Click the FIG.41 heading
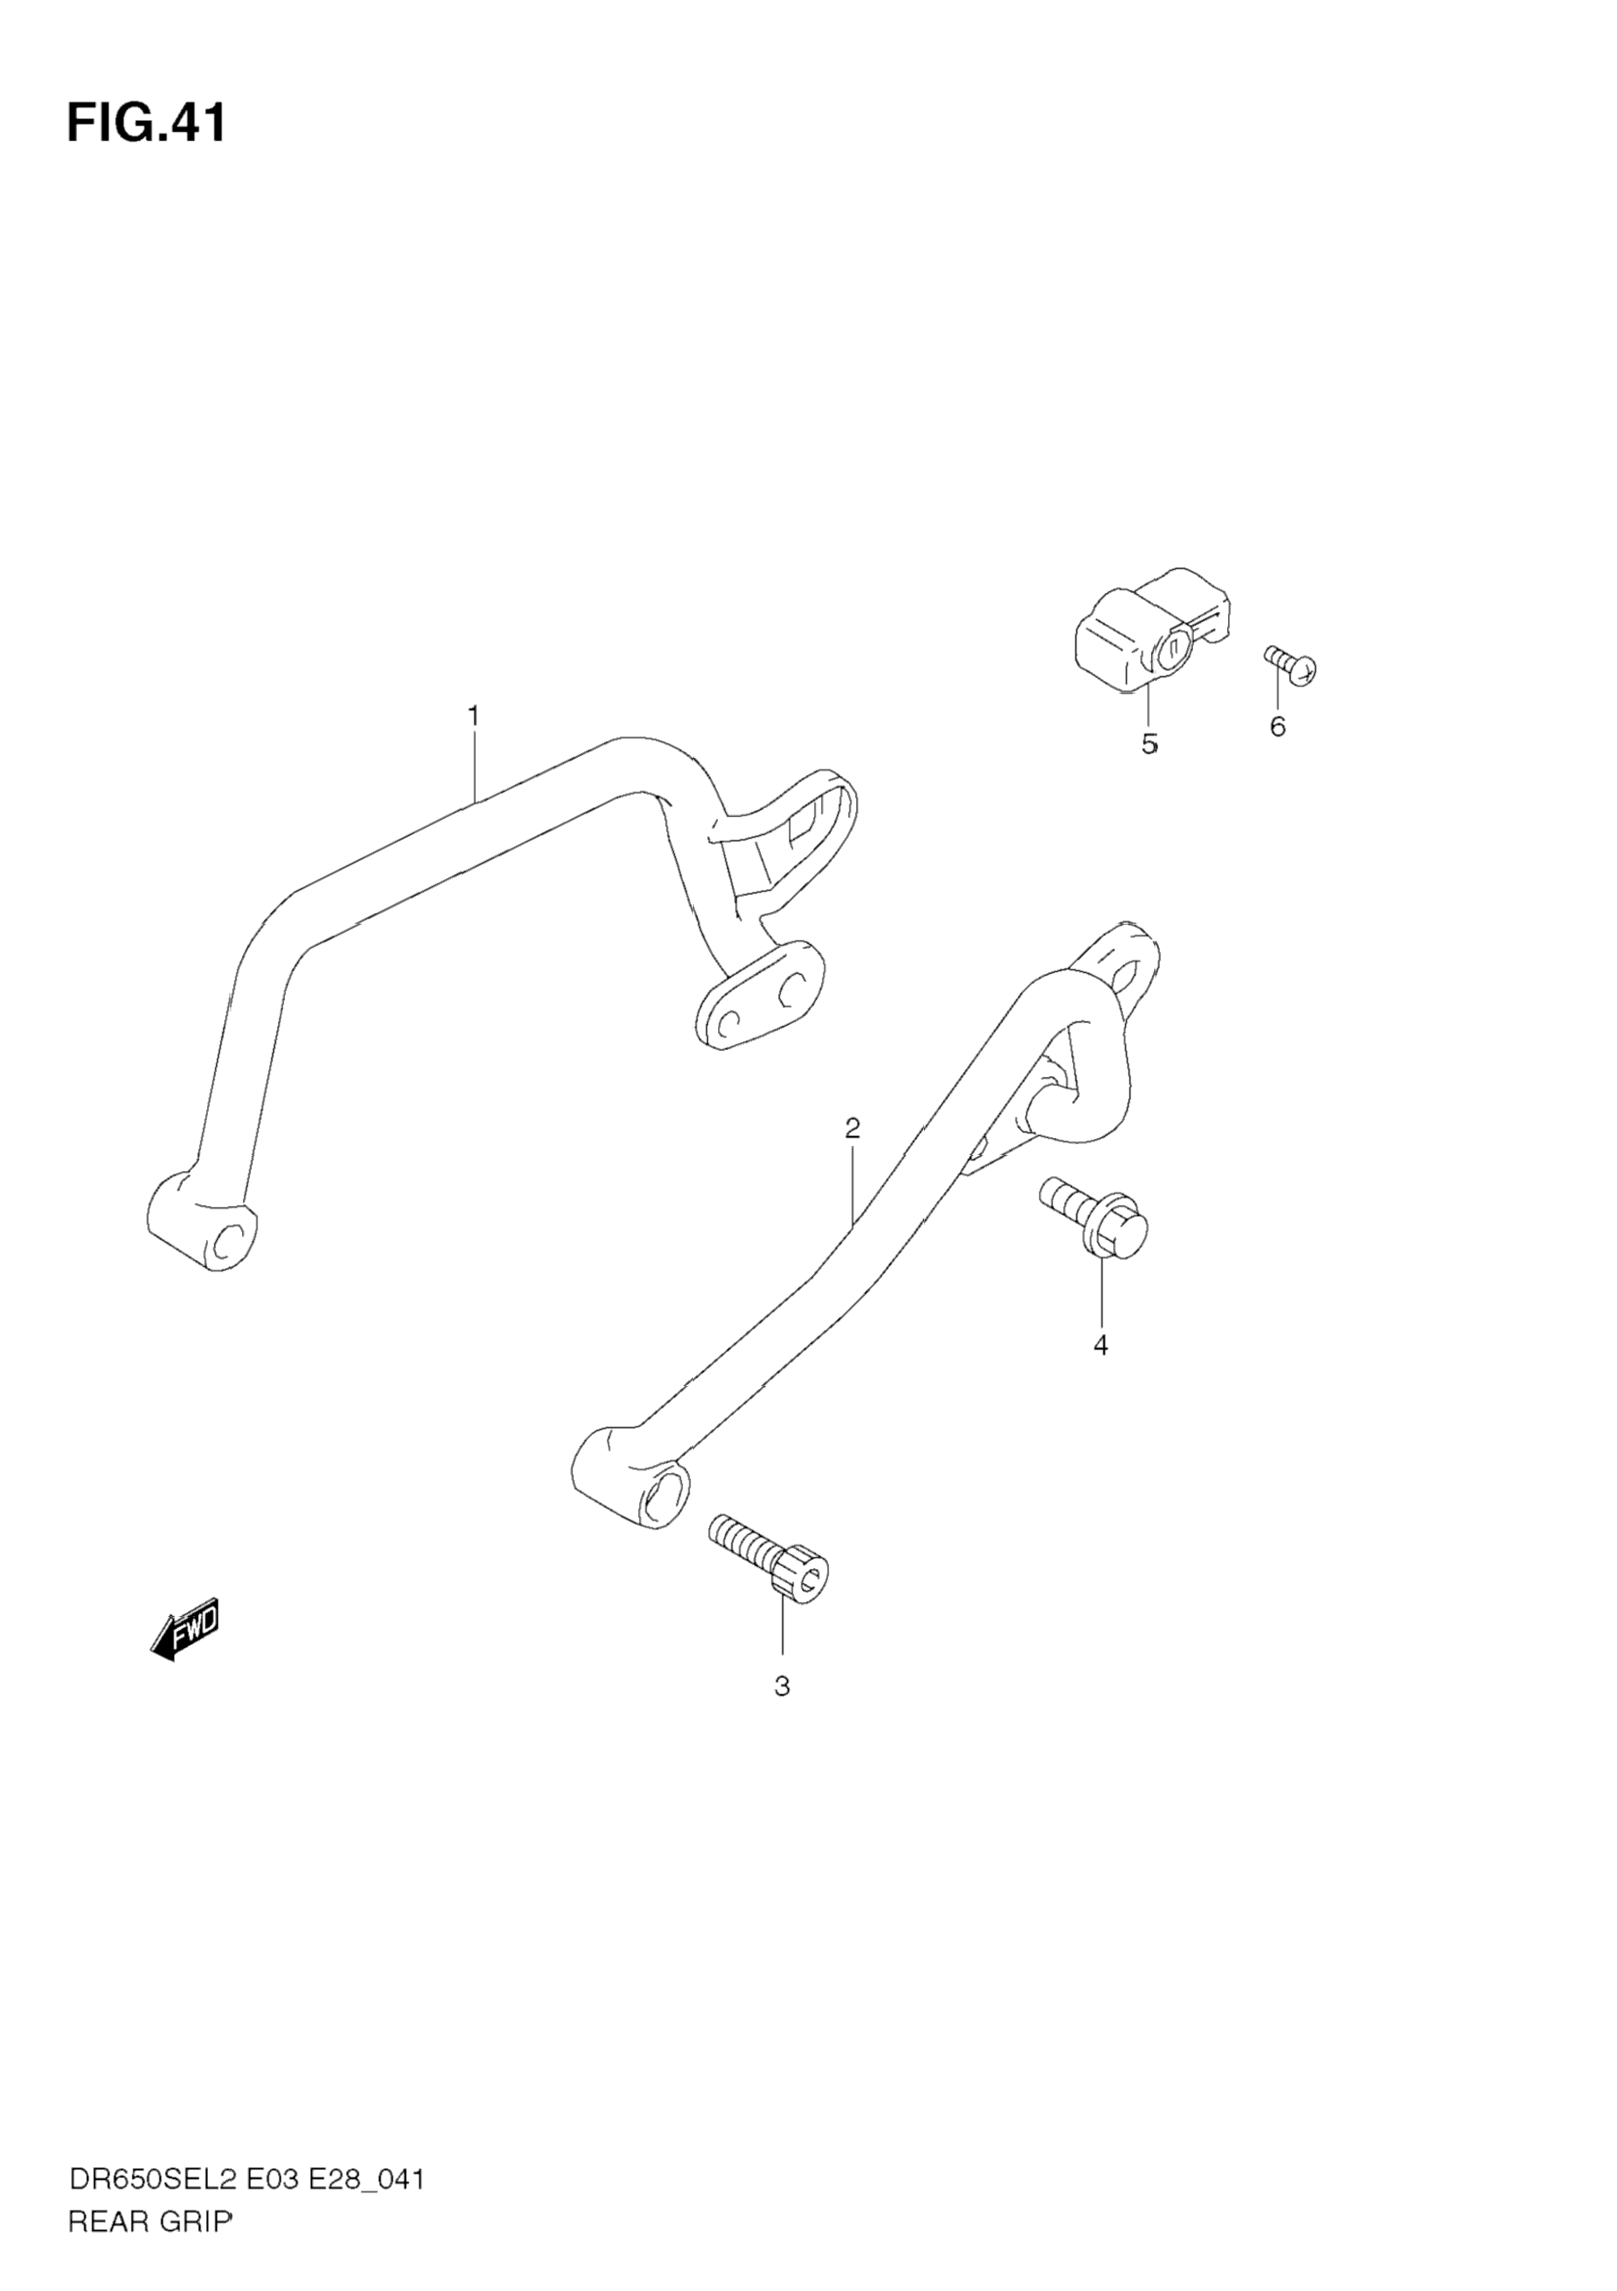[x=147, y=124]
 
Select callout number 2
[x=852, y=1129]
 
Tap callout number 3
[x=782, y=1686]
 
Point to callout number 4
[x=1100, y=1345]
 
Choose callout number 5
[x=1149, y=745]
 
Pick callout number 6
[x=1276, y=727]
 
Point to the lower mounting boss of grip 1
[x=203, y=1229]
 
